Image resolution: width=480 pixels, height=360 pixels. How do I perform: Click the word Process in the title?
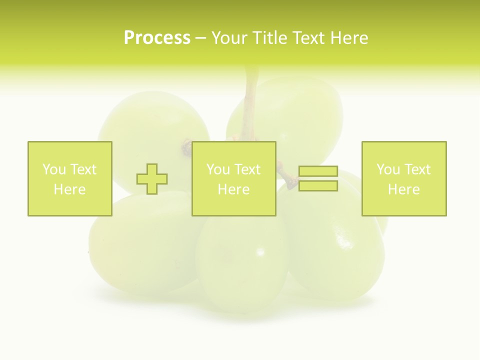pos(157,38)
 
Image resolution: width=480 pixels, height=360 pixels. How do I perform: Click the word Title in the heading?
pos(269,38)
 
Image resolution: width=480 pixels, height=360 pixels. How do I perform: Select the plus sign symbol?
pos(152,179)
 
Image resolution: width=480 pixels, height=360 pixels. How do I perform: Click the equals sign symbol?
pos(318,178)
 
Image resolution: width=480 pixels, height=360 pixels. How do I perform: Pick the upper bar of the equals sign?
pos(318,171)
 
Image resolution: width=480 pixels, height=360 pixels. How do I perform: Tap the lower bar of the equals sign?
pos(318,186)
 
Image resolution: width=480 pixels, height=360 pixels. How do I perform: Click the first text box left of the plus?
pos(70,178)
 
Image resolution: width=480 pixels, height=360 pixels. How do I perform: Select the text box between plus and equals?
pos(234,178)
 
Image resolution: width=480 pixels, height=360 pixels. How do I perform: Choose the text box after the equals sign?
pos(404,178)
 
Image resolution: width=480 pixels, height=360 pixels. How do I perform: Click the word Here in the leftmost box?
pos(69,189)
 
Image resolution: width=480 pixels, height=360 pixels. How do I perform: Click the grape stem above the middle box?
pos(250,105)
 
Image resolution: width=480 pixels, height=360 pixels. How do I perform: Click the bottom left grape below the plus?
pos(140,245)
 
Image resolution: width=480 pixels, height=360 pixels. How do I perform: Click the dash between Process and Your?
pos(200,38)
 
